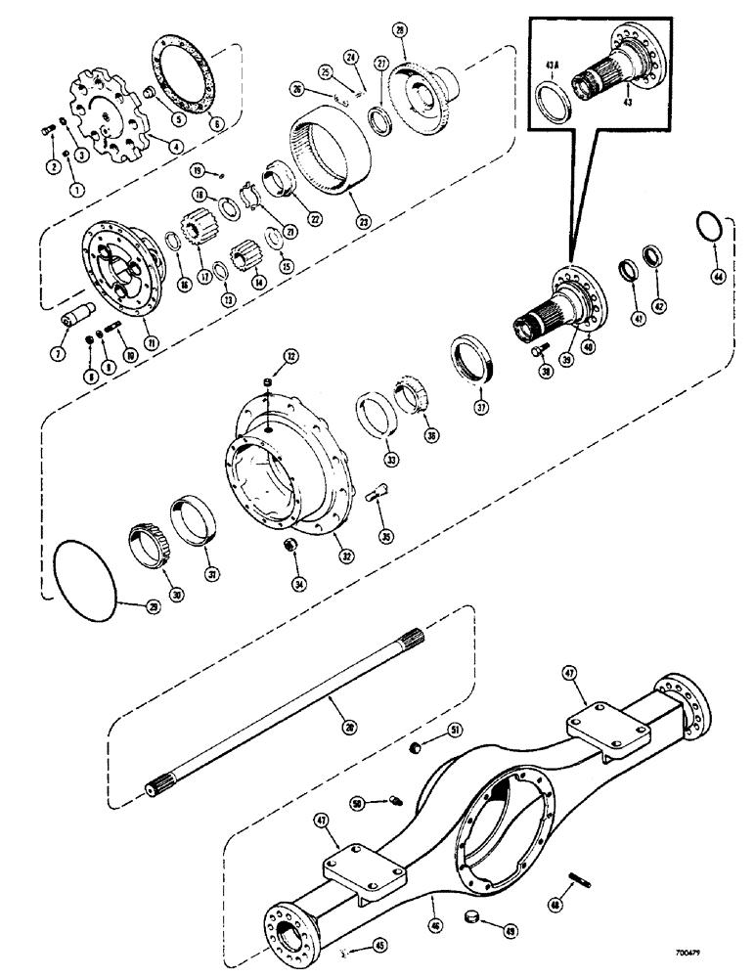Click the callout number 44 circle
click(720, 278)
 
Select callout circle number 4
click(176, 147)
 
